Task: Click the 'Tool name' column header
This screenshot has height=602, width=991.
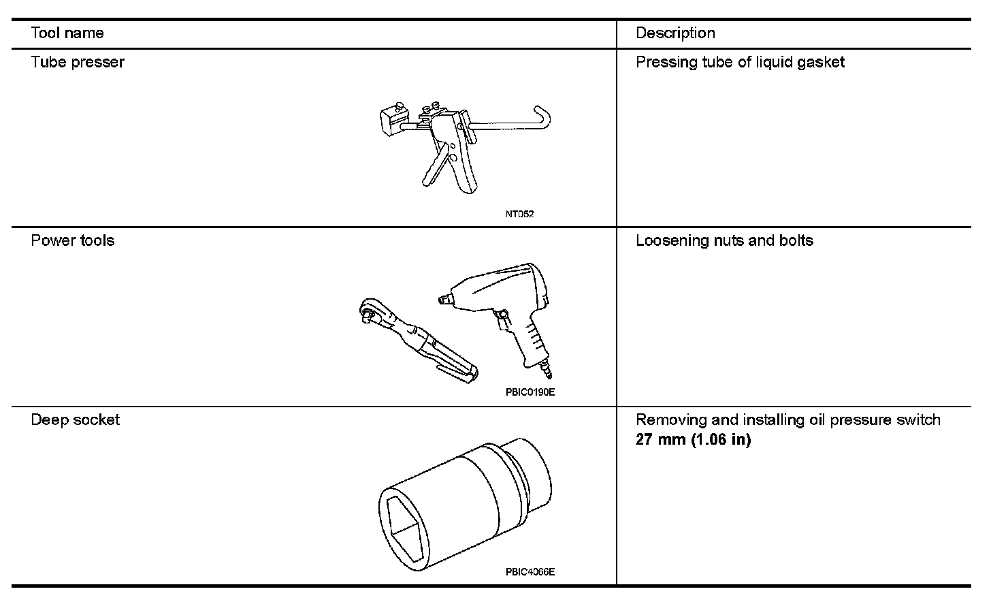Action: [x=67, y=33]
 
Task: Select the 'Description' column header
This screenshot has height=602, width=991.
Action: [x=675, y=33]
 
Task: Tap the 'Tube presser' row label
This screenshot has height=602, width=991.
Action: [x=78, y=63]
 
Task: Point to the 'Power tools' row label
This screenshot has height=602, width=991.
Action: [x=73, y=240]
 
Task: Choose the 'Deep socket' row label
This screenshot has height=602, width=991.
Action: [x=75, y=419]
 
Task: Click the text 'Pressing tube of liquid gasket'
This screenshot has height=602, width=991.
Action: [x=740, y=63]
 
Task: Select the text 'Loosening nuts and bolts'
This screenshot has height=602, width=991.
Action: [x=724, y=240]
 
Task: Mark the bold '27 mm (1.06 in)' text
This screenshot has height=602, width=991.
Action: [x=693, y=439]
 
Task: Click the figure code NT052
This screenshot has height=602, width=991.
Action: [x=520, y=214]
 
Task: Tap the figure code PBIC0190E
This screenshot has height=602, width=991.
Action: [x=525, y=392]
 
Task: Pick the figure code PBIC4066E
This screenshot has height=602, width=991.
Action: [x=530, y=572]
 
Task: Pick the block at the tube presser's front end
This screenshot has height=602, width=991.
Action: [x=391, y=121]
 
